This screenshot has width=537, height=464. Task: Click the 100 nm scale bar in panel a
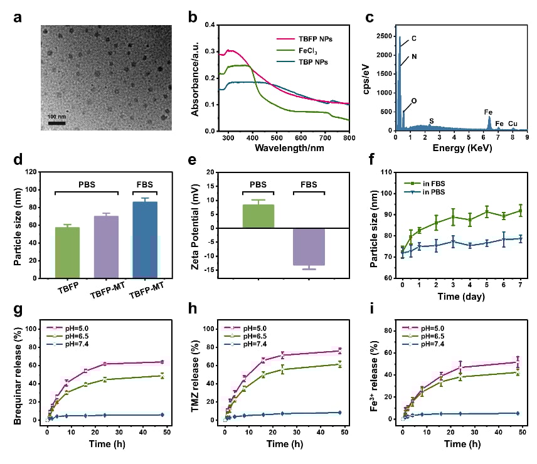tap(57, 122)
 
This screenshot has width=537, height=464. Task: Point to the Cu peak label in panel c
tap(513, 124)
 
